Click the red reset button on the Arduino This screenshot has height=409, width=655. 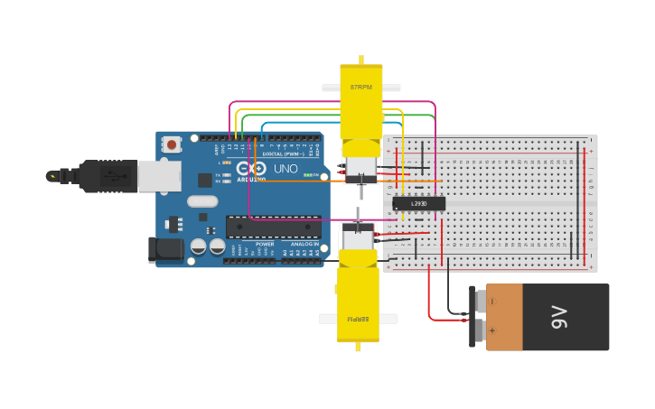[171, 144]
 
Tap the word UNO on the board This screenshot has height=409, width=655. [285, 168]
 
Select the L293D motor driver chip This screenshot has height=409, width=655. [419, 203]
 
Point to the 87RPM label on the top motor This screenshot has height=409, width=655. [361, 87]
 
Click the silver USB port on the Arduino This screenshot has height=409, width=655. [159, 176]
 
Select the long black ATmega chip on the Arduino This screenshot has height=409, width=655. [273, 227]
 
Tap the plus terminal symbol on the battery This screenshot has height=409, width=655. [492, 330]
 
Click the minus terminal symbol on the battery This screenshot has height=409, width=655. [492, 302]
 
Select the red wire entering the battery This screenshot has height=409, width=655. [443, 319]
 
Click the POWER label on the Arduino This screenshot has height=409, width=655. [265, 244]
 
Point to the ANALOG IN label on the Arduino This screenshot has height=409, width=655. [304, 244]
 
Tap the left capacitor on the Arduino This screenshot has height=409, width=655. [199, 246]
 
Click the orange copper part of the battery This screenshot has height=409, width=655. [504, 317]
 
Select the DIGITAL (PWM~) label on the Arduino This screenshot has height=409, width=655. [282, 154]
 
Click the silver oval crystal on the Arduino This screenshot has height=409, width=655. [203, 201]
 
